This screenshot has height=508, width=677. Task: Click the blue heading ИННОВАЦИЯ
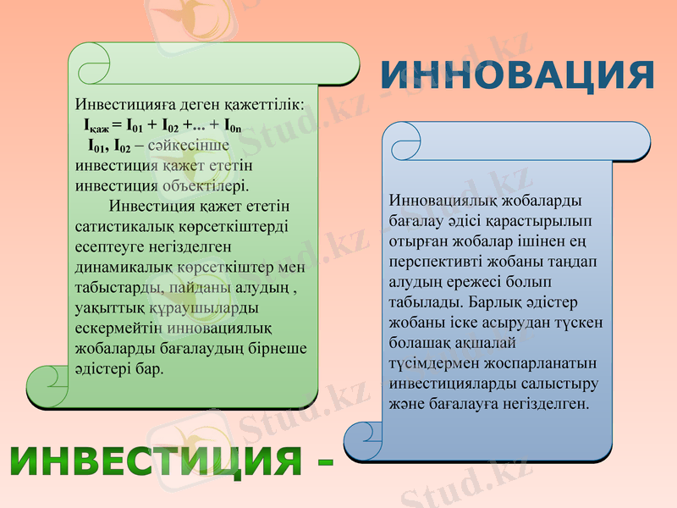516,75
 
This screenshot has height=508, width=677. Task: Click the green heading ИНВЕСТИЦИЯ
156,461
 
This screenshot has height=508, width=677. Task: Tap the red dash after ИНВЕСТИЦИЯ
323,463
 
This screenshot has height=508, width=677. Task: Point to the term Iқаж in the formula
101,125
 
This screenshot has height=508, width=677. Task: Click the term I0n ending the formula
231,125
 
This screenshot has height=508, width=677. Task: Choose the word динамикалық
124,267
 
